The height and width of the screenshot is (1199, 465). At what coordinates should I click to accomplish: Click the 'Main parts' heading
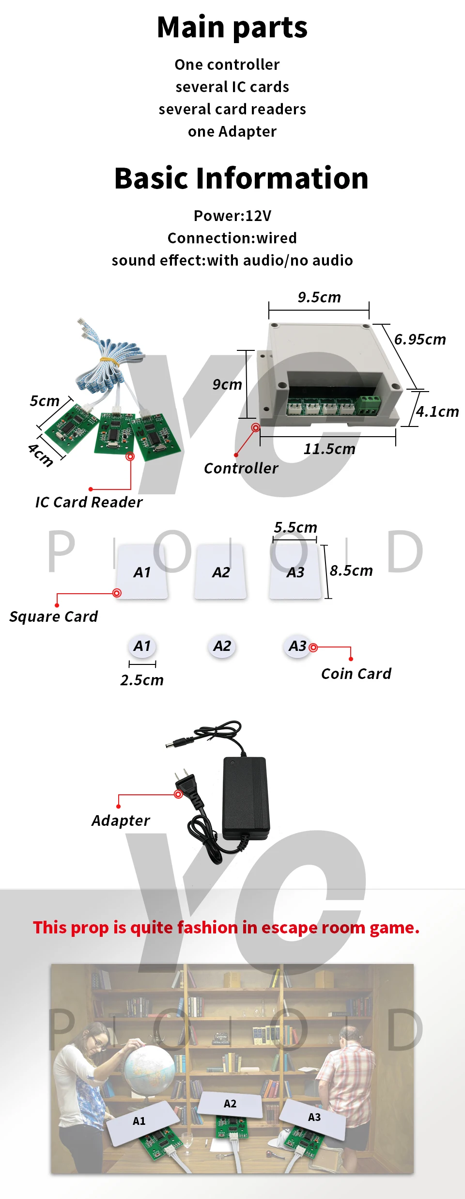[232, 27]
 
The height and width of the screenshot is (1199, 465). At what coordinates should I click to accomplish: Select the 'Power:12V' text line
[232, 216]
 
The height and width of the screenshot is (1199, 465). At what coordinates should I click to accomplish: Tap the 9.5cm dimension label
[319, 297]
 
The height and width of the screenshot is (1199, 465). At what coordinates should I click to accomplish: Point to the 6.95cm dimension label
[420, 339]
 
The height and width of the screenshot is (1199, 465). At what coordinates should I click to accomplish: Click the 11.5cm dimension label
[329, 449]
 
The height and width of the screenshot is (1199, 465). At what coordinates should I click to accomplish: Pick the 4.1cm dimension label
[437, 411]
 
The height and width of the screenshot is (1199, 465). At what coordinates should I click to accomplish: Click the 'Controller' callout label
[241, 468]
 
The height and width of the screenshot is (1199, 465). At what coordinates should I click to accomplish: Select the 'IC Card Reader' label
[89, 502]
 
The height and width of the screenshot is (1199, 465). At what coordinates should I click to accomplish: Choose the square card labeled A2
[221, 572]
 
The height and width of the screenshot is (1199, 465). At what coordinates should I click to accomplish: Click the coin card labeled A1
[142, 646]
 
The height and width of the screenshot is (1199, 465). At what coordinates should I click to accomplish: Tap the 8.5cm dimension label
[351, 570]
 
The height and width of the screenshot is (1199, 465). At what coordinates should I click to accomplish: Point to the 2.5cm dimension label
[142, 680]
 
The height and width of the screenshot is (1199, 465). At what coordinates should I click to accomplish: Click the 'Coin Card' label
[356, 674]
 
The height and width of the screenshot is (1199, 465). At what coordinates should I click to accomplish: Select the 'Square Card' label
[53, 616]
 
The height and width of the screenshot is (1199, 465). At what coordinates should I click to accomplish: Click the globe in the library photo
[149, 1069]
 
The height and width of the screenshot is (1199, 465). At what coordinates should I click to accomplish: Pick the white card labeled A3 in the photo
[314, 1119]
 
